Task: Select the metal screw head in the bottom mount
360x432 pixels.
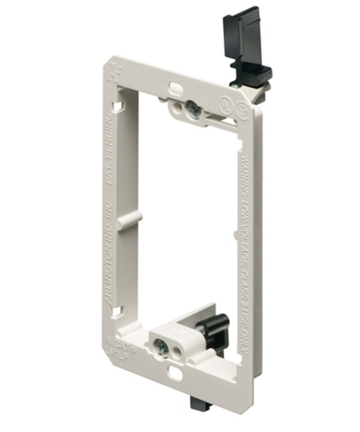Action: [162, 346]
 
